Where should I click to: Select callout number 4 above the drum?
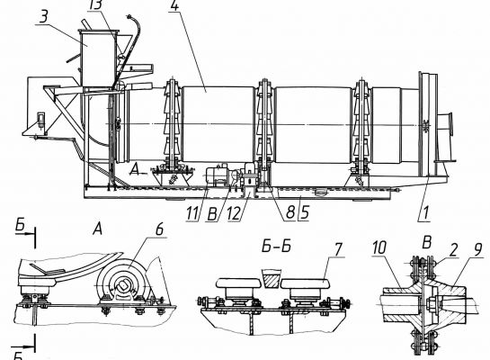point(175,5)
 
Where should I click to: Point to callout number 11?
point(192,213)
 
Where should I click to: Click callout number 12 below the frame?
point(235,213)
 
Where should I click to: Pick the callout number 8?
point(290,212)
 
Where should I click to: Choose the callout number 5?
point(305,212)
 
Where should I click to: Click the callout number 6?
point(159,229)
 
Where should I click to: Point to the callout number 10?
point(379,248)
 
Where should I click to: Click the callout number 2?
point(453,249)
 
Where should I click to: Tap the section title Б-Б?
point(276,246)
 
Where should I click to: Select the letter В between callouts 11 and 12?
point(212,215)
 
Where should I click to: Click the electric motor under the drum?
point(217,175)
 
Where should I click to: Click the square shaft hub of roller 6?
point(124,285)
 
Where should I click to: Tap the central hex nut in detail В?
point(430,302)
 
